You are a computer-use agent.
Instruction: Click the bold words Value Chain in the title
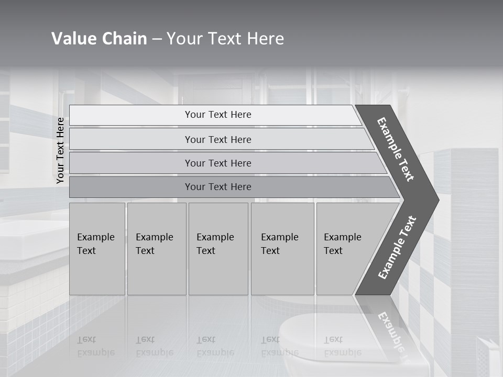coord(99,39)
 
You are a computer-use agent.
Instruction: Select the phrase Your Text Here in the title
coord(225,39)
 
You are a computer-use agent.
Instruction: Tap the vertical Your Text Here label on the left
coord(60,150)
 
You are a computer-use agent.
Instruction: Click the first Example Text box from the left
coord(97,249)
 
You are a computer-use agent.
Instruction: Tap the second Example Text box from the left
coord(157,249)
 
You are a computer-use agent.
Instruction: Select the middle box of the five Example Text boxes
coord(218,249)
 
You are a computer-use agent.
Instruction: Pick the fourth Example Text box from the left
coord(282,249)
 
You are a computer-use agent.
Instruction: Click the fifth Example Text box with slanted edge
coord(346,249)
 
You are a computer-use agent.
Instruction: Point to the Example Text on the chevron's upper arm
coord(396,149)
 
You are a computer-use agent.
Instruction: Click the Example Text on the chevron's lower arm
coord(397,248)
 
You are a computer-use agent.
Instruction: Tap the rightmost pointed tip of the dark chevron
coord(437,200)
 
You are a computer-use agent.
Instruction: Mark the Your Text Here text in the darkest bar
coord(218,187)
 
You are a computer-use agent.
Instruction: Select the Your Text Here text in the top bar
coord(218,115)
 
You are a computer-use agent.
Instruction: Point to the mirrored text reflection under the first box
coord(95,346)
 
